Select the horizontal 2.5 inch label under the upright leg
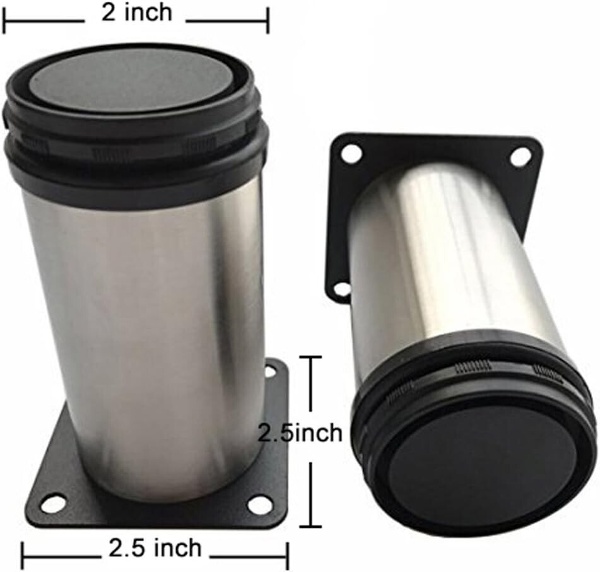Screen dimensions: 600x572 pos(155,548)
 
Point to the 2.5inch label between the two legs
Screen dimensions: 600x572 pos(300,433)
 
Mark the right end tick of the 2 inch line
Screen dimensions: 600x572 pos(268,21)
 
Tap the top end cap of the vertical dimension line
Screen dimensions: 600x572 pos(310,357)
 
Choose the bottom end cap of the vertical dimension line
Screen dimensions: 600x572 pos(310,527)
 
